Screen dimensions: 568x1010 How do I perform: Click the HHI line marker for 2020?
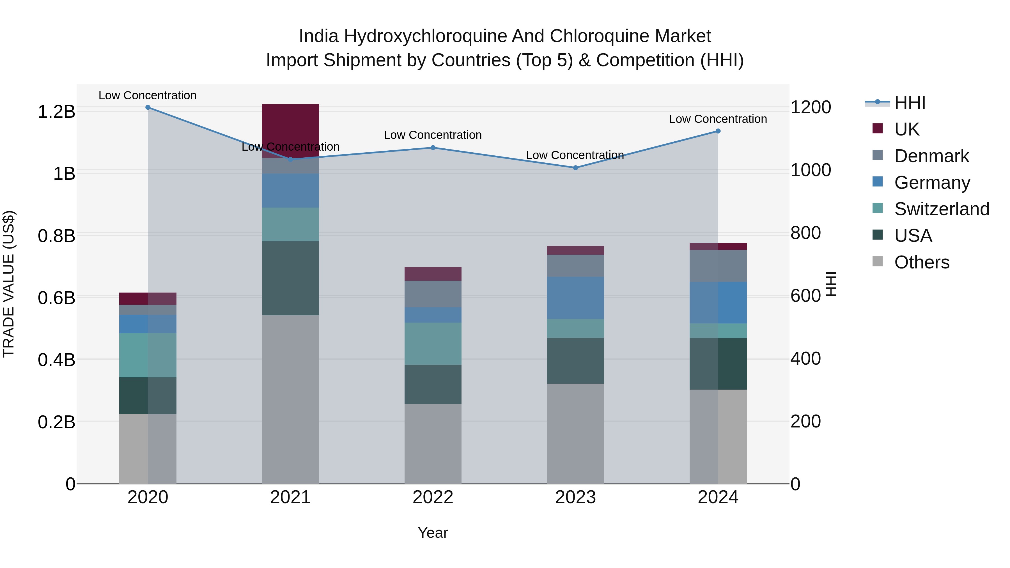click(148, 107)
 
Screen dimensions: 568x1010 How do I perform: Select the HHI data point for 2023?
click(575, 168)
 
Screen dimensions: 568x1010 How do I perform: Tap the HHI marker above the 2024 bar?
click(718, 131)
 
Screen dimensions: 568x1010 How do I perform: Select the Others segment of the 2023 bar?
click(575, 433)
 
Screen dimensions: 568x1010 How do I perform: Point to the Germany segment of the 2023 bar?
click(575, 298)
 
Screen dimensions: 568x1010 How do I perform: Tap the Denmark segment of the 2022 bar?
click(433, 294)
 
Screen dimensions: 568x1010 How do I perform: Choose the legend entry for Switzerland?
click(941, 209)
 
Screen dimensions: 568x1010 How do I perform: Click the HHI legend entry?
click(910, 103)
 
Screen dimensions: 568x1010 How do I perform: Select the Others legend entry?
click(921, 262)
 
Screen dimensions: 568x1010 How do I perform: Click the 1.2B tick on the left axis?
click(56, 112)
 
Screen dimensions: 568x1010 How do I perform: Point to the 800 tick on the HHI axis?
click(805, 233)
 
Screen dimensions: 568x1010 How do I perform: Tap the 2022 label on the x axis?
click(433, 497)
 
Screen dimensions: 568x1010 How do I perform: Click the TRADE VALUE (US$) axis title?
click(9, 284)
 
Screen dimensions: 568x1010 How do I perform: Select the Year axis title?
click(433, 533)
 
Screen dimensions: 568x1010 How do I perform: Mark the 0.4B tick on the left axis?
click(56, 360)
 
